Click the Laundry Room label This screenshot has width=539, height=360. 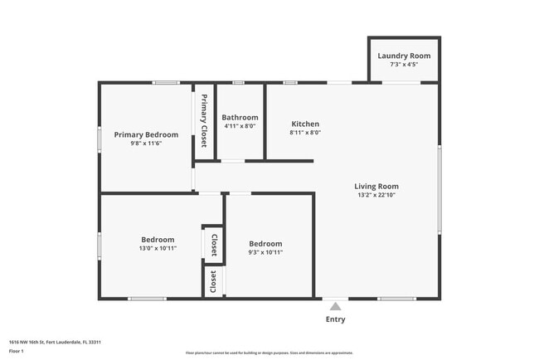404,56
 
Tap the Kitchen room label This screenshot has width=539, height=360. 305,124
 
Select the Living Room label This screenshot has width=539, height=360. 376,187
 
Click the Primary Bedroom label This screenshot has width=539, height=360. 146,134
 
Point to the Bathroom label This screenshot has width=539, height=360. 240,118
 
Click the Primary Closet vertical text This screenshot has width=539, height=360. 203,121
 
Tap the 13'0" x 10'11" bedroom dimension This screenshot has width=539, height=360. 158,248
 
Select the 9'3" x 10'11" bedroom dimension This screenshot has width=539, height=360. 265,252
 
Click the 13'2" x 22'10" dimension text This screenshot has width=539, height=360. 376,196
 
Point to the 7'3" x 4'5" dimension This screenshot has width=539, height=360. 404,65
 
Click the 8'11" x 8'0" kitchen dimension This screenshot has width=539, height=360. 305,133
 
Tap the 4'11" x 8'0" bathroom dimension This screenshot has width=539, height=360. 240,127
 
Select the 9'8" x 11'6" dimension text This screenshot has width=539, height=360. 146,144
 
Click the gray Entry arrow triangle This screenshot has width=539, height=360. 335,306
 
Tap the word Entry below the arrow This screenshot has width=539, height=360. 335,319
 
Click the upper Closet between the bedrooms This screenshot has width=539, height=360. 213,245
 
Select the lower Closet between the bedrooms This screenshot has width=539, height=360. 213,281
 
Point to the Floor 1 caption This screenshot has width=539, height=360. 17,351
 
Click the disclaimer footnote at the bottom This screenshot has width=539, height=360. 269,353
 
